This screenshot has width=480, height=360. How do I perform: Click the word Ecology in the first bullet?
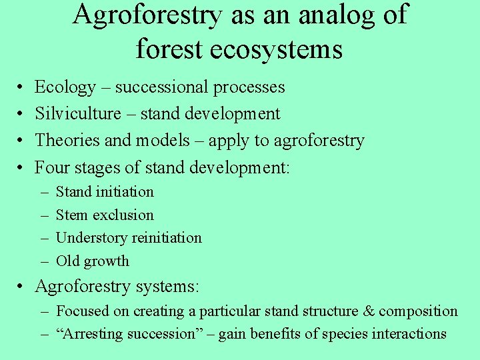(x=65, y=87)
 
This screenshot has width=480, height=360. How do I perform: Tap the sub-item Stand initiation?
(x=105, y=192)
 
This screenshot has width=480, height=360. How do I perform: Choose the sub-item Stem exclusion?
(x=105, y=215)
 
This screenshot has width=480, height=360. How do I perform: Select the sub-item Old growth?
(x=92, y=261)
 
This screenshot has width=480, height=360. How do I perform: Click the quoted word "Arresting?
(x=89, y=334)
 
